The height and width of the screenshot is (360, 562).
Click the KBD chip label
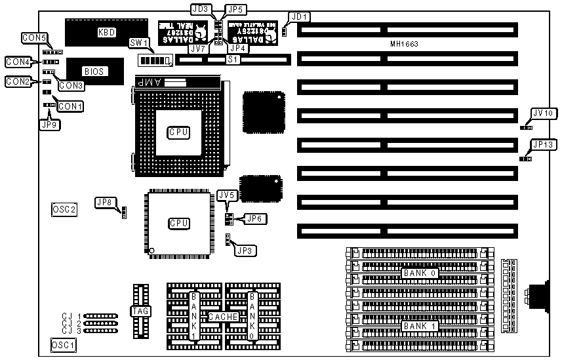coord(106,32)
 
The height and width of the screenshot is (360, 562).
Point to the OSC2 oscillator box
coord(64,210)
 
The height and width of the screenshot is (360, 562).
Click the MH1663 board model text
coord(403,44)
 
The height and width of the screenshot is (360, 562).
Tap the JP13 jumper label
coord(544,144)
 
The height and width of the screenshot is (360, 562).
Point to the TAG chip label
coord(140,311)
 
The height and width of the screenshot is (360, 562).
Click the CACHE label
coord(223,317)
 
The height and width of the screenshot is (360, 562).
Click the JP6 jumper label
coord(254,218)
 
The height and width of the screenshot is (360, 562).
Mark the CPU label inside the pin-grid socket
coord(178,132)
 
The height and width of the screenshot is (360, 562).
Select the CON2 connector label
coord(18,82)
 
